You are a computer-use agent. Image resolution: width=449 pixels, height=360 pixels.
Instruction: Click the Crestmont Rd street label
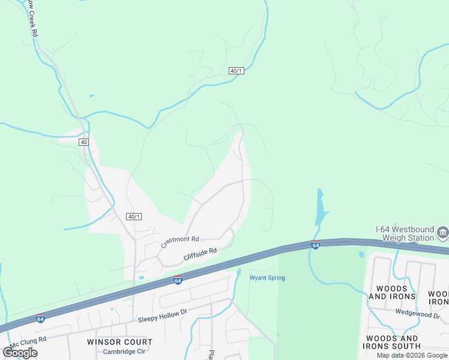pyautogui.click(x=179, y=241)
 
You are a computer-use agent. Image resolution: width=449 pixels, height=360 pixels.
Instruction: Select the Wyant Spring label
pyautogui.click(x=267, y=278)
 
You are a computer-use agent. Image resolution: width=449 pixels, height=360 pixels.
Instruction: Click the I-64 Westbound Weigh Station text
pyautogui.click(x=405, y=233)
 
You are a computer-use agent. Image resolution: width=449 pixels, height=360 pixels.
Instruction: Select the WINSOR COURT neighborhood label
pyautogui.click(x=119, y=342)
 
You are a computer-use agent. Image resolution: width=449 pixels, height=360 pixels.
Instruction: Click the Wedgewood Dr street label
pyautogui.click(x=418, y=313)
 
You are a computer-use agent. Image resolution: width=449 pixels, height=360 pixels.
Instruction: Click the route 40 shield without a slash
pyautogui.click(x=83, y=142)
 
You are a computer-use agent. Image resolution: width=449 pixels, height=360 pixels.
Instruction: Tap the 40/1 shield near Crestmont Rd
pyautogui.click(x=134, y=217)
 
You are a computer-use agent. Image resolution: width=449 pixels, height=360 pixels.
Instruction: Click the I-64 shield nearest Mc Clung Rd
pyautogui.click(x=40, y=318)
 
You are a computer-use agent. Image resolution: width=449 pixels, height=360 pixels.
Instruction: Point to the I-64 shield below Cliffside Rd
pyautogui.click(x=178, y=280)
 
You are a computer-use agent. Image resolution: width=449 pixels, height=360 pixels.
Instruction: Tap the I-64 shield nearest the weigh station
pyautogui.click(x=315, y=245)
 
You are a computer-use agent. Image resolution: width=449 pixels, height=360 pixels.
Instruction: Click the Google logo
pyautogui.click(x=20, y=352)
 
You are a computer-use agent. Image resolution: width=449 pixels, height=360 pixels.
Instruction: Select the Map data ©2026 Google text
pyautogui.click(x=412, y=355)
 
